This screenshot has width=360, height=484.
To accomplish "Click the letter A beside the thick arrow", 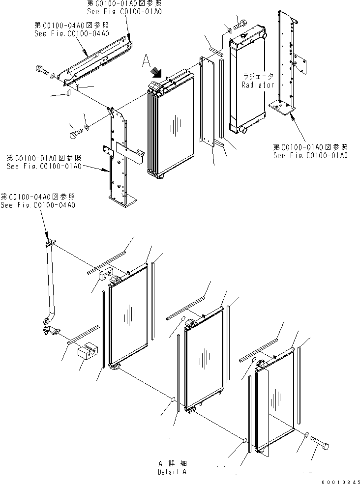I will pyautogui.click(x=145, y=61).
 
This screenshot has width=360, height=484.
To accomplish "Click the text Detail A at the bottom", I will pyautogui.click(x=172, y=472).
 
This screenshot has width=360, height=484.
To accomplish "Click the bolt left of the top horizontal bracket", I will pyautogui.click(x=41, y=71).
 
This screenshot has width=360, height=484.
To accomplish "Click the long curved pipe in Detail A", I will pyautogui.click(x=50, y=285).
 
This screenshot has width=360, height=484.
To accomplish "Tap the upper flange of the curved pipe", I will pyautogui.click(x=50, y=243).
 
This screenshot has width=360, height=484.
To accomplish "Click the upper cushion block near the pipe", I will pyautogui.click(x=105, y=275).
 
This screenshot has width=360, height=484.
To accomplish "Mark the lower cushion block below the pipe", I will pyautogui.click(x=87, y=352).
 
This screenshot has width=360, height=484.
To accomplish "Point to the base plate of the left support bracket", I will pyautogui.click(x=122, y=201).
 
